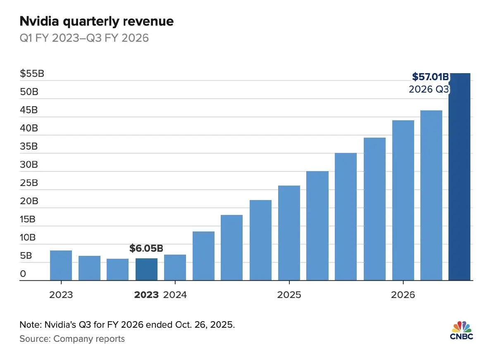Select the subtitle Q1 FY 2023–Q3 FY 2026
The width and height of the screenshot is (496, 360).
point(84,38)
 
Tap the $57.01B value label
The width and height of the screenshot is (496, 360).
point(430,76)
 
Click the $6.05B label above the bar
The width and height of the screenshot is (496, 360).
point(146,248)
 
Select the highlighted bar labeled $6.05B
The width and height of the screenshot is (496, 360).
point(146,269)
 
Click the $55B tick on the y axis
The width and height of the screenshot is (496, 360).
point(32,74)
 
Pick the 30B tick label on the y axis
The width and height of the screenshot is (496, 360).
point(29,165)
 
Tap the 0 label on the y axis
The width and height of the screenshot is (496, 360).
point(23,274)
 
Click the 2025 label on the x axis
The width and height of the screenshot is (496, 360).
point(289,295)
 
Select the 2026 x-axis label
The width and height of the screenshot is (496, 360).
point(403,295)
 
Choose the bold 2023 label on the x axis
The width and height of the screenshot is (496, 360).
point(146,295)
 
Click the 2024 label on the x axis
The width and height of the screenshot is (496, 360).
point(175,295)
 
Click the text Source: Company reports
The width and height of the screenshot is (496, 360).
point(72,339)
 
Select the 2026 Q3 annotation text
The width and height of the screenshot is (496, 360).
point(429,89)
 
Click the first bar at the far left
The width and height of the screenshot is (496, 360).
point(61,265)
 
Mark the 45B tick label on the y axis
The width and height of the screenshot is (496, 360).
point(29,110)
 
